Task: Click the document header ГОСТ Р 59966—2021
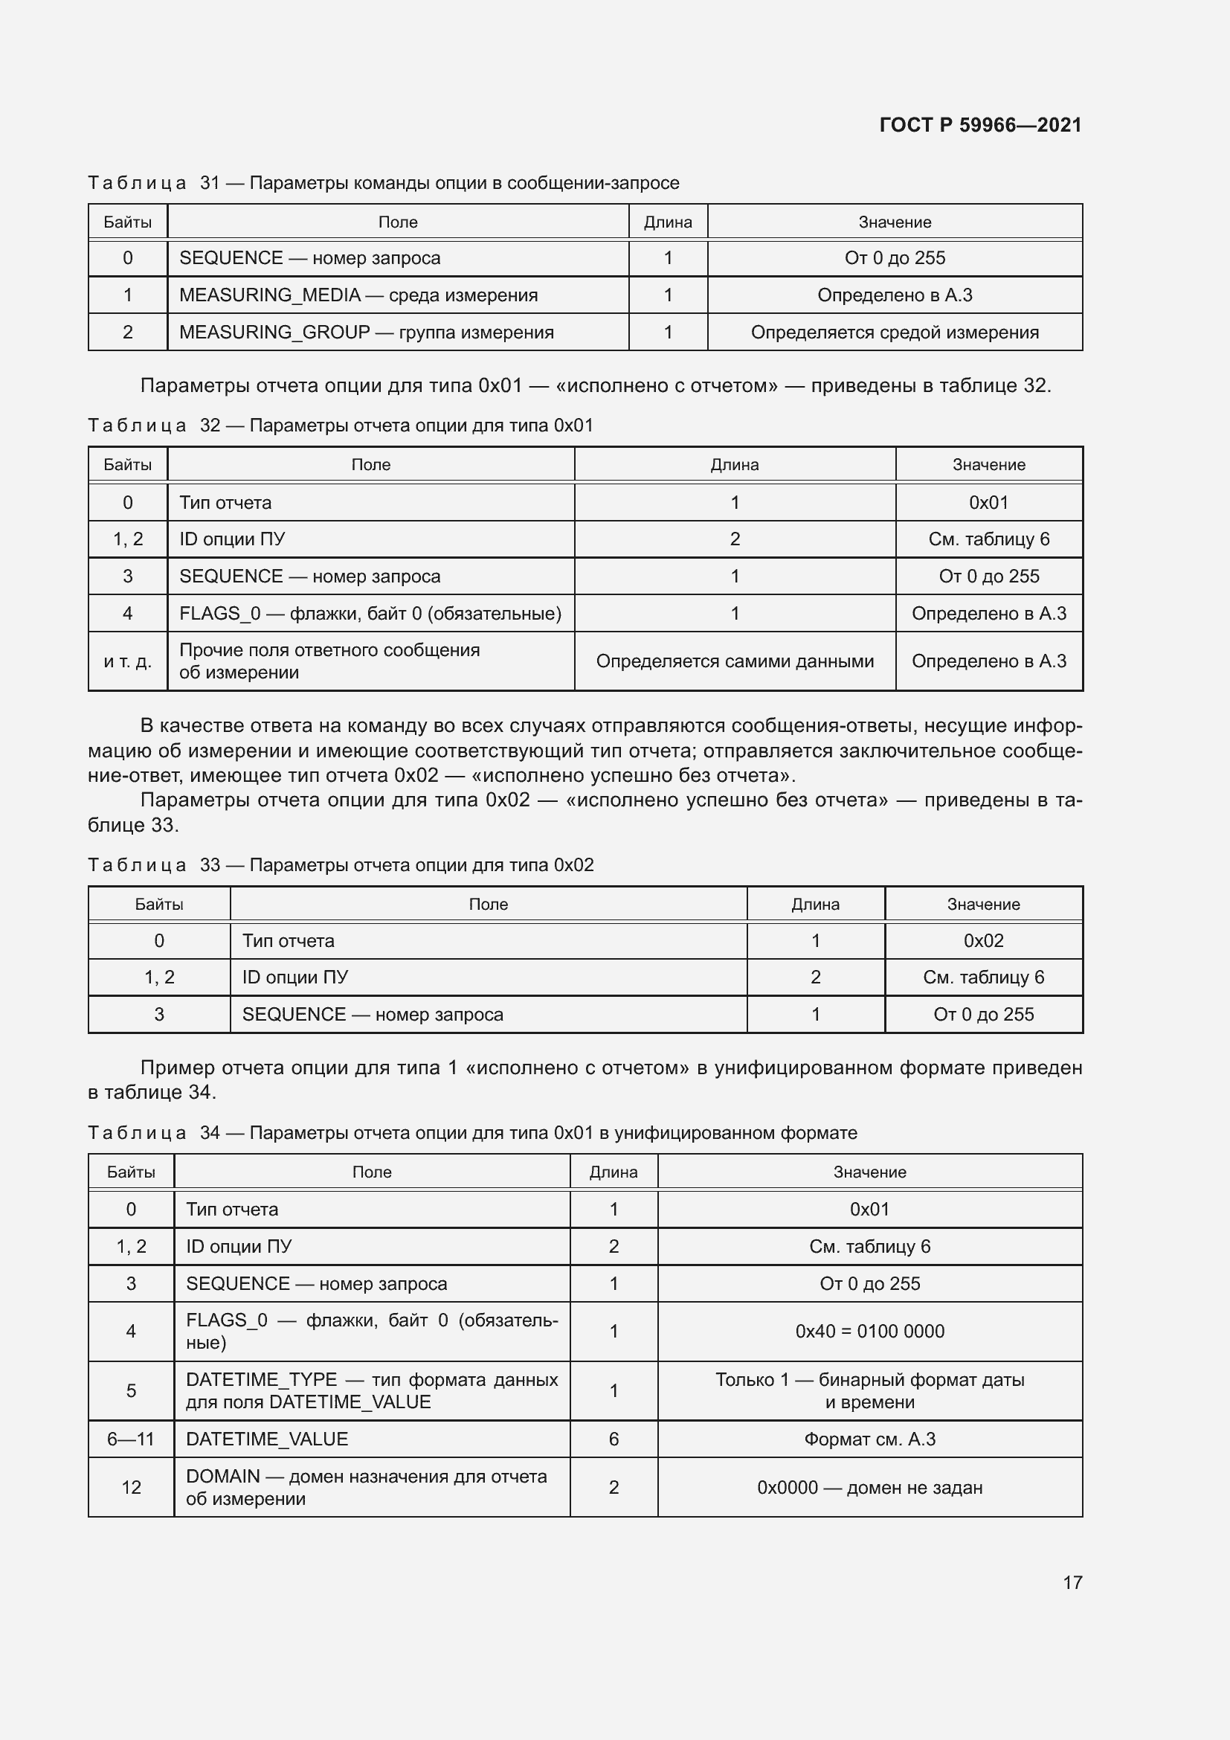point(980,125)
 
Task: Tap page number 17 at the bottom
point(1072,1582)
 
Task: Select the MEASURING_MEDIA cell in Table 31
point(358,295)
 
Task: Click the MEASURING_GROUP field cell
point(367,332)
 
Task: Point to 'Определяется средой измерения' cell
point(895,332)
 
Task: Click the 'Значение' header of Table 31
point(895,222)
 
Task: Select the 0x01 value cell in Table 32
point(988,502)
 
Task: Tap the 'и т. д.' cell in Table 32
point(127,661)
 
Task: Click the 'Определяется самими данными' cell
point(735,661)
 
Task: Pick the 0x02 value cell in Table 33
point(983,940)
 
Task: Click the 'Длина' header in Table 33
point(815,904)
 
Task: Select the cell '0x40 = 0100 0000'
point(869,1332)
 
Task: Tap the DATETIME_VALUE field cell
point(267,1439)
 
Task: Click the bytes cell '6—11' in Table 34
point(130,1439)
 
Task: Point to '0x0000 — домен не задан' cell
point(869,1488)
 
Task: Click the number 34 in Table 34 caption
point(210,1133)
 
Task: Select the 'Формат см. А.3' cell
point(869,1439)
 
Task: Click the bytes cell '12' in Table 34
point(131,1488)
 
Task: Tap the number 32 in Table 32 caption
point(210,426)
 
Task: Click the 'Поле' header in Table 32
point(370,464)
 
